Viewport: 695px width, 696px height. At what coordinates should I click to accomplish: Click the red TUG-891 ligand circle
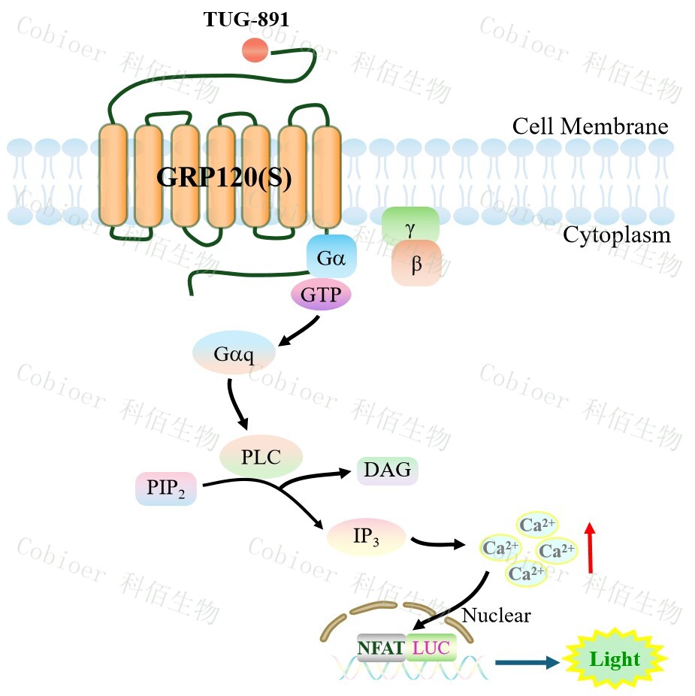(x=254, y=50)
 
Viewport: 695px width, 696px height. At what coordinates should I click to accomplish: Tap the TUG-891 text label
(x=247, y=19)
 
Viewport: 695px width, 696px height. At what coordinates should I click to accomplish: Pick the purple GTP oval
(x=321, y=295)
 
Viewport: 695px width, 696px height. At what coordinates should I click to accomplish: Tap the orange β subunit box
(x=416, y=264)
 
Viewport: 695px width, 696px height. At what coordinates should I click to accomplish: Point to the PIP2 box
(x=166, y=489)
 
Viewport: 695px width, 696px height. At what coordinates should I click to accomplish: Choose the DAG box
(x=387, y=471)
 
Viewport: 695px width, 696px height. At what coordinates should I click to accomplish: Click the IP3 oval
(x=367, y=537)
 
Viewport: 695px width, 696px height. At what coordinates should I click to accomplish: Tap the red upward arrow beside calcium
(x=590, y=549)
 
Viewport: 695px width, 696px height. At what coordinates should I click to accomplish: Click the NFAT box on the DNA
(x=381, y=646)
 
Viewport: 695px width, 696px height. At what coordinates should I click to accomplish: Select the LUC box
(x=431, y=646)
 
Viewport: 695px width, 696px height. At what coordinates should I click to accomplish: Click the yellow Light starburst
(x=615, y=661)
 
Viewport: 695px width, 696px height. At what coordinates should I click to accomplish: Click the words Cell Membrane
(x=590, y=126)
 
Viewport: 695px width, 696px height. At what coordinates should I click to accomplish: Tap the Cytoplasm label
(x=616, y=235)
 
